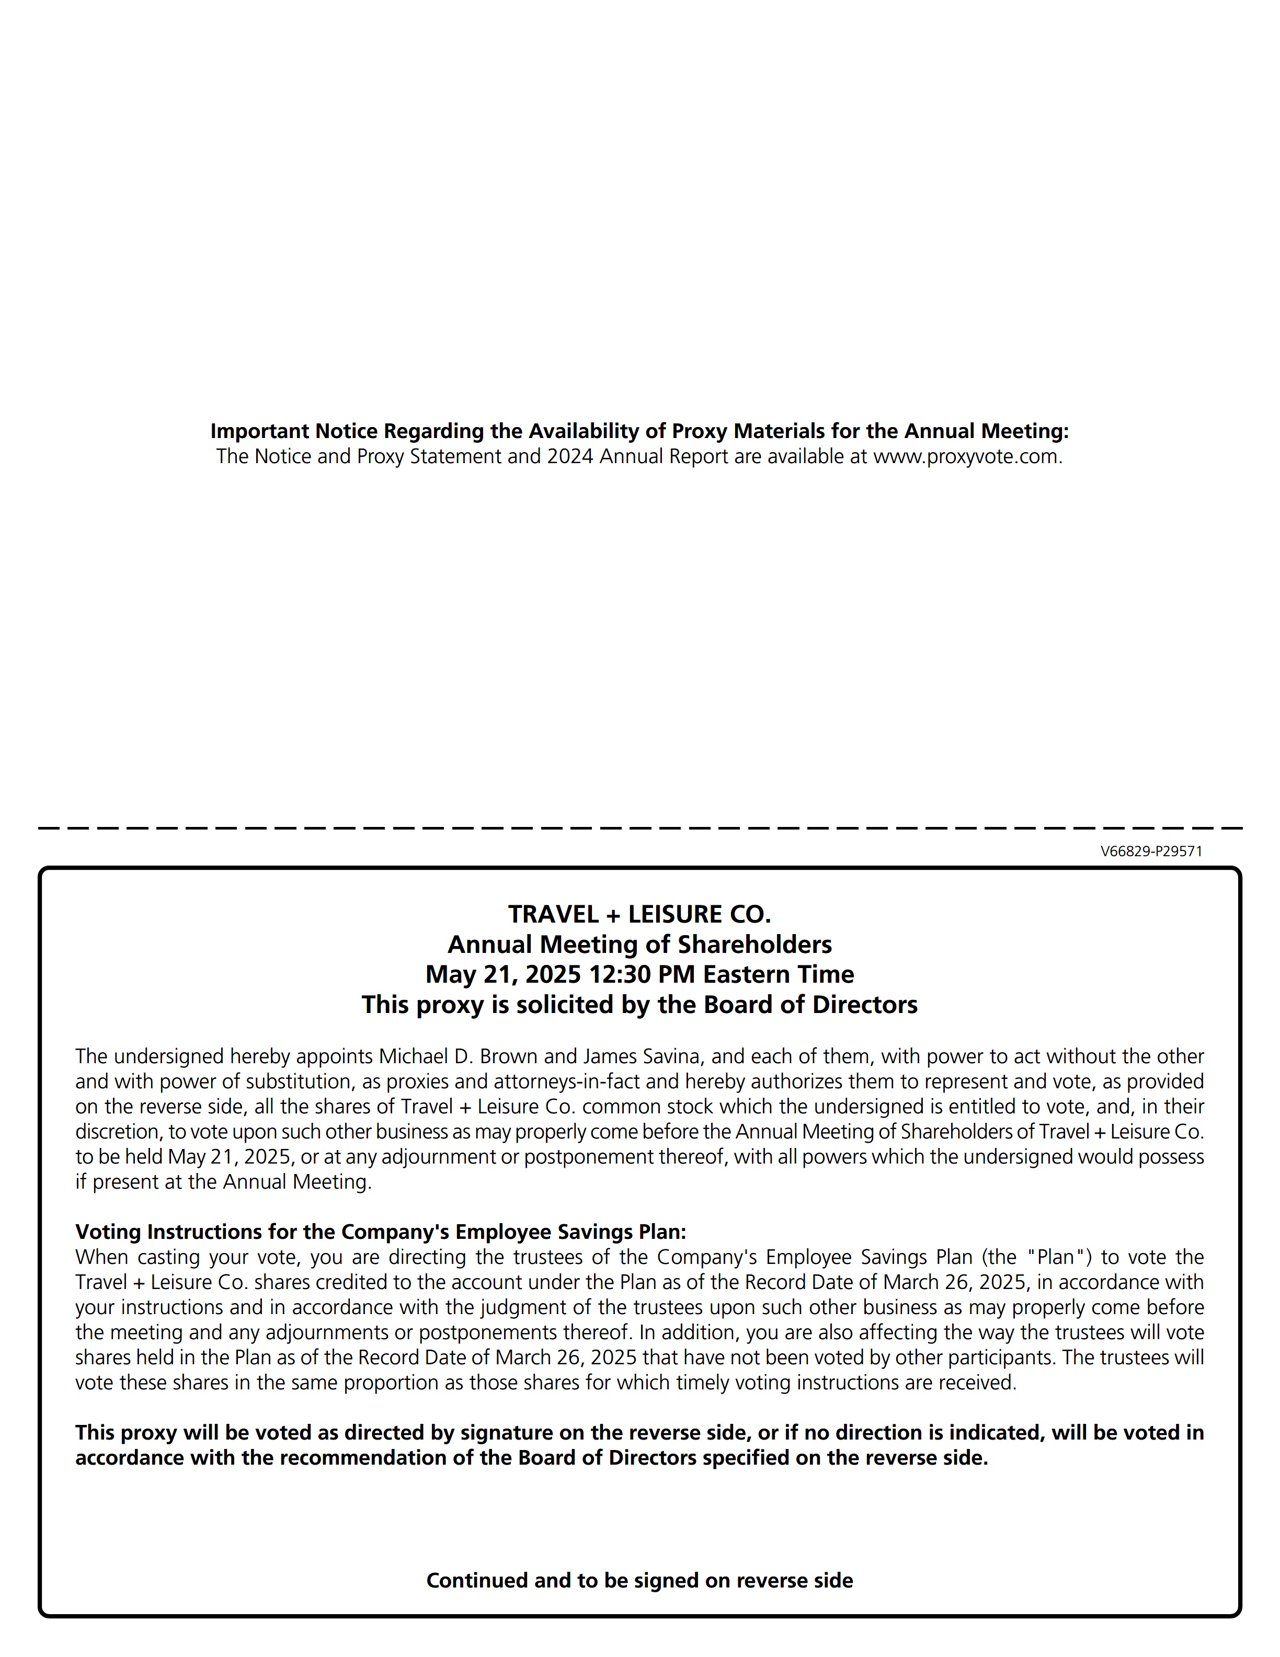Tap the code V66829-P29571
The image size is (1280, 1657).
(x=1151, y=851)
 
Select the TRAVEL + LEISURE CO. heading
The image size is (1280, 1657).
(x=639, y=914)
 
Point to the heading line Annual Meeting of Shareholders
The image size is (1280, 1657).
(x=639, y=945)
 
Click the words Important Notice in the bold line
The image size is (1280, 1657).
(x=294, y=431)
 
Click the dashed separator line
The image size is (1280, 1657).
(x=639, y=828)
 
